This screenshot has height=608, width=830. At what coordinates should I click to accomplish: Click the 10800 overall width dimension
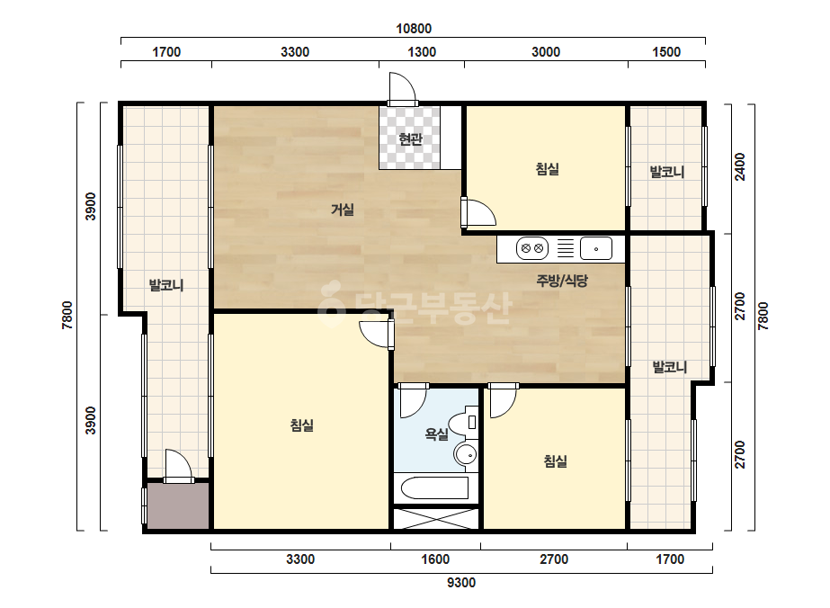414,29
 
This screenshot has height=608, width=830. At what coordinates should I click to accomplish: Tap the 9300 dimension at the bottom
461,583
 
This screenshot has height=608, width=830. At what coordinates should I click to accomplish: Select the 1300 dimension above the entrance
422,52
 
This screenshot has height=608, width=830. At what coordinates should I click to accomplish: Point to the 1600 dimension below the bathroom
435,559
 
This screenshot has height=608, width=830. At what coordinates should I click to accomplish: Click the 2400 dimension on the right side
740,166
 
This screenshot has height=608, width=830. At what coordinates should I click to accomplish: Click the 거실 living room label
343,210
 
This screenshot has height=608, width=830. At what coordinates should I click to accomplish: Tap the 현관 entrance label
410,139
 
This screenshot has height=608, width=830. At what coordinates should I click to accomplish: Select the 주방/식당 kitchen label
562,281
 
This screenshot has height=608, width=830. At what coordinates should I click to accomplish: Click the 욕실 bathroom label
437,434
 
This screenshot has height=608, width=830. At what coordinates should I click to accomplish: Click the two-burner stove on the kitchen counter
532,248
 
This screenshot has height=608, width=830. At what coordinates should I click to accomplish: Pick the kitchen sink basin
596,248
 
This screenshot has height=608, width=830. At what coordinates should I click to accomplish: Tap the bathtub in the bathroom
434,488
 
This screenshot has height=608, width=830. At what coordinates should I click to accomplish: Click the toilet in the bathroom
465,423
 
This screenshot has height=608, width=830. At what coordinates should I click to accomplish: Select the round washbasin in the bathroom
466,454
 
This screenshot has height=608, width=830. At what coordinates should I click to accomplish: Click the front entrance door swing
401,87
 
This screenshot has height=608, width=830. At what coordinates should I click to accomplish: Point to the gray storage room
178,505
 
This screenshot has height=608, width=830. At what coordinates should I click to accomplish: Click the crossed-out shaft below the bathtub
436,519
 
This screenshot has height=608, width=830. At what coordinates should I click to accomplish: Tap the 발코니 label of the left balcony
166,285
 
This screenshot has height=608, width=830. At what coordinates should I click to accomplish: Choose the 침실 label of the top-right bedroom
548,169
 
